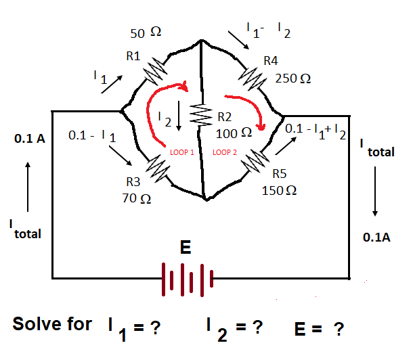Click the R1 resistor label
click(x=133, y=55)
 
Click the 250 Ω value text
click(x=294, y=78)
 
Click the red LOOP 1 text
click(x=183, y=153)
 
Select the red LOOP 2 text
click(x=224, y=153)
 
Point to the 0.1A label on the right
click(x=377, y=238)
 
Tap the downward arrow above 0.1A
click(x=374, y=196)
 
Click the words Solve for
click(x=52, y=323)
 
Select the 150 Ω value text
click(x=279, y=190)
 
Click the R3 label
click(x=133, y=182)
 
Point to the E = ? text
click(x=318, y=329)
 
